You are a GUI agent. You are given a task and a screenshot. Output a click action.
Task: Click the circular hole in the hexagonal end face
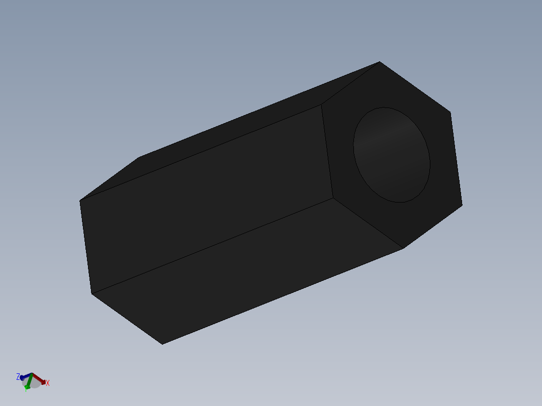[392, 155]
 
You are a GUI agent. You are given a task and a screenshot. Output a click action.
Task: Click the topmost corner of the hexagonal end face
[380, 62]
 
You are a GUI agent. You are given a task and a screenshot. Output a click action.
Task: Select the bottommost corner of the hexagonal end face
[403, 248]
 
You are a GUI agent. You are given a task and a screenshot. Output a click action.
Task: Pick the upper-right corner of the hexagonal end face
[450, 112]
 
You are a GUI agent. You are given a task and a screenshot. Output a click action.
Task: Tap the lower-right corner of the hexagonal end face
[462, 205]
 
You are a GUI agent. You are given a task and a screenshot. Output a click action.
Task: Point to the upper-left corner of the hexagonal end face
[321, 105]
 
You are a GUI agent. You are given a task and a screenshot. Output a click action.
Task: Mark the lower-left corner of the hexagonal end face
[333, 198]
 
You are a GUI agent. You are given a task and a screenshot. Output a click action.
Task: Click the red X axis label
[48, 383]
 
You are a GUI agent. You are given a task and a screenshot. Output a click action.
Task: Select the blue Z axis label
[18, 376]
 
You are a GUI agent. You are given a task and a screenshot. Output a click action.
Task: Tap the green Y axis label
[26, 388]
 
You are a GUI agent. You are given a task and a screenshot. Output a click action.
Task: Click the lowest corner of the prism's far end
[162, 344]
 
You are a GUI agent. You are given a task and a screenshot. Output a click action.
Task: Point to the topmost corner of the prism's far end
[138, 157]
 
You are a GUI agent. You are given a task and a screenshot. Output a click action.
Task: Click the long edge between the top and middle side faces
[201, 153]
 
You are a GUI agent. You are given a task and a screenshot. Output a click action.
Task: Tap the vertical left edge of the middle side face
[85, 247]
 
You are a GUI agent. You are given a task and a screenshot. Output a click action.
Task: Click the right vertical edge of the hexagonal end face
[456, 158]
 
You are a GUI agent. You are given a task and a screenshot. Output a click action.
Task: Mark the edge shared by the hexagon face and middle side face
[327, 151]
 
